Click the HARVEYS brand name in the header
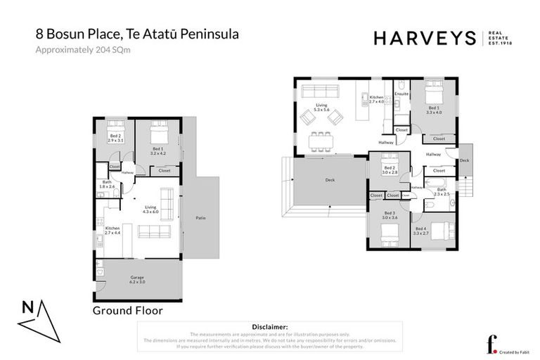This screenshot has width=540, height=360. click(x=426, y=38)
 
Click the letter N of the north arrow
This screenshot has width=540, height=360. click(x=27, y=307)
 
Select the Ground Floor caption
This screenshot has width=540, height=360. click(x=128, y=309)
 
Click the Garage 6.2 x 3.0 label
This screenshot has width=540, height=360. click(x=136, y=279)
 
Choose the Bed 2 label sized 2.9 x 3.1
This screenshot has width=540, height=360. click(x=115, y=139)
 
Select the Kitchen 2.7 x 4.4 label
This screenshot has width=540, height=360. click(x=112, y=231)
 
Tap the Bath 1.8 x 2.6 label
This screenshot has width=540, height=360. click(x=105, y=185)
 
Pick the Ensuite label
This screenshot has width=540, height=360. click(x=401, y=93)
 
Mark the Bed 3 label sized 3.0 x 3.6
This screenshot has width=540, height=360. click(x=390, y=217)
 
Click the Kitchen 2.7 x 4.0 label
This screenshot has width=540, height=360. click(x=377, y=99)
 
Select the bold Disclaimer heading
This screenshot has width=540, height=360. click(x=269, y=327)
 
